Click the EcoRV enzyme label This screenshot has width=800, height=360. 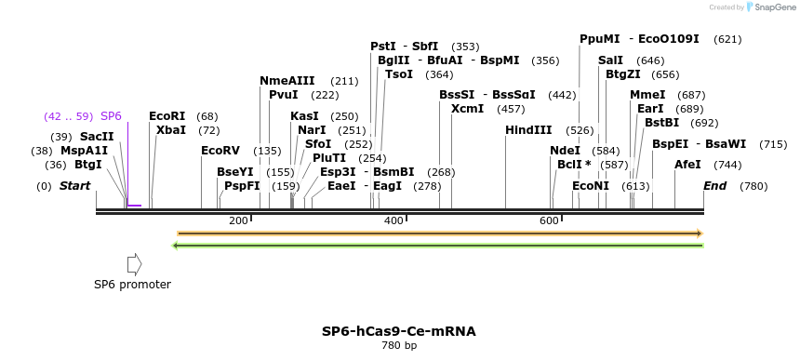point(220,150)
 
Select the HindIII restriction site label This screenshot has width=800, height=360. point(528,130)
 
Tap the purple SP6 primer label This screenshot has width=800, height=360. point(111,116)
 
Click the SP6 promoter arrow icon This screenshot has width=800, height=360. point(134,265)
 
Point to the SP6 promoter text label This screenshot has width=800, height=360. point(132,285)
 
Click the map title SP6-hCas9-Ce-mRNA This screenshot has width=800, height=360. point(398,330)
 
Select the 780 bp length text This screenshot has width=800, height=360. point(399,346)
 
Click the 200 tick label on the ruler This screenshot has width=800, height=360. point(238,220)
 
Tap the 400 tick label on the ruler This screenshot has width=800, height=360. point(393,220)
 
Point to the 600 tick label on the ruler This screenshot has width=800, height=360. point(549,220)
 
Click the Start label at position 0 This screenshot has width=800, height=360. point(74,186)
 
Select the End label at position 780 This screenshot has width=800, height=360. point(715,186)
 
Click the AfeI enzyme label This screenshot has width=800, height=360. point(687,164)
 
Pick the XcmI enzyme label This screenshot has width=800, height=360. point(467,109)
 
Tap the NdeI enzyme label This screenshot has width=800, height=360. point(565,150)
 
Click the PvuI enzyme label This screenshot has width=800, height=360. point(284,95)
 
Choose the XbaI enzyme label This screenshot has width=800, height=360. point(171,130)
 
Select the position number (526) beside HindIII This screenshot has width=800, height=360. point(580,130)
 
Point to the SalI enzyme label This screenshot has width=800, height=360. point(610,60)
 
